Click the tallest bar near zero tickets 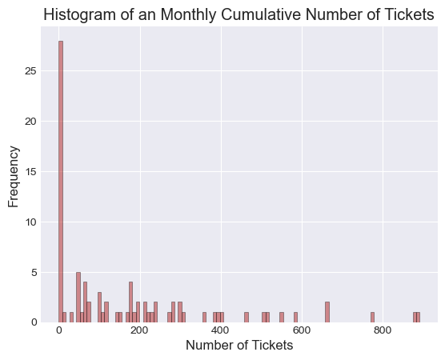pos(61,182)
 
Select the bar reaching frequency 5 pos(78,298)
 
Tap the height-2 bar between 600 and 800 pos(327,312)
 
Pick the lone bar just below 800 pos(373,318)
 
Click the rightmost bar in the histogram pos(419,318)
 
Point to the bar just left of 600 pos(295,318)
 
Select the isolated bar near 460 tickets pos(247,318)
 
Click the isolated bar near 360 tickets pos(204,318)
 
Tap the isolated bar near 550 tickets pos(282,318)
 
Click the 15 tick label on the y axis pos(30,172)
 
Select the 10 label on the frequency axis pos(30,222)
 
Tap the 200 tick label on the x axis pos(140,330)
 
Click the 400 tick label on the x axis pos(221,330)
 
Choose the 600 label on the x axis pos(302,330)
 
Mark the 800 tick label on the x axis pos(383,330)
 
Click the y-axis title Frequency pos(13,177)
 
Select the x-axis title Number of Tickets pos(239,346)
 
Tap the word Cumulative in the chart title pos(260,14)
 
